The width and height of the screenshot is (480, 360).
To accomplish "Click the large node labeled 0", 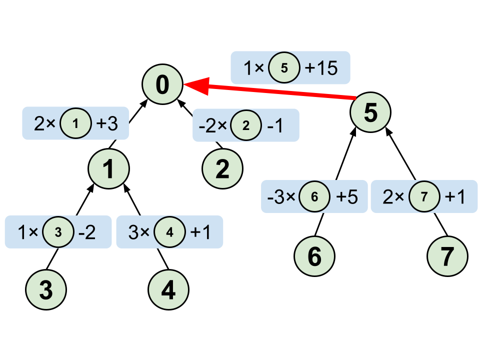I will (162, 85).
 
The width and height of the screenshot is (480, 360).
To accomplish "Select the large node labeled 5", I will (370, 113).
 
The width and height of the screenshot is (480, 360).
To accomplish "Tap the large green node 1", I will (108, 170).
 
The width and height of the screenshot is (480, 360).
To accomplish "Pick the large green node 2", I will (222, 169).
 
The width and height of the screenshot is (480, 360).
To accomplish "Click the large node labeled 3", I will (45, 290).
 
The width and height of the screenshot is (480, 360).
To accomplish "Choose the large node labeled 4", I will (168, 290).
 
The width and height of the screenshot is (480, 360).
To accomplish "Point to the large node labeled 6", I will (314, 256).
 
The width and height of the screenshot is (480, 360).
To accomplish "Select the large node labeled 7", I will (447, 256).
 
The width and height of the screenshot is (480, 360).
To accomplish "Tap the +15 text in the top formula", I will (321, 68).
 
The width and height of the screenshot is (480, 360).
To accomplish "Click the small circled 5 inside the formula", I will (284, 68).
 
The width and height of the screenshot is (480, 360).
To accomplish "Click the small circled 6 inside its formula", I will (314, 197).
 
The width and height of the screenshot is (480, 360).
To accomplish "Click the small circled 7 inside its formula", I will (424, 197).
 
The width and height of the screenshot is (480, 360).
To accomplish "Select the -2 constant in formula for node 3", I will (86, 232).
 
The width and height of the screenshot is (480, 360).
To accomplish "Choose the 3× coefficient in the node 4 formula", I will (139, 232).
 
